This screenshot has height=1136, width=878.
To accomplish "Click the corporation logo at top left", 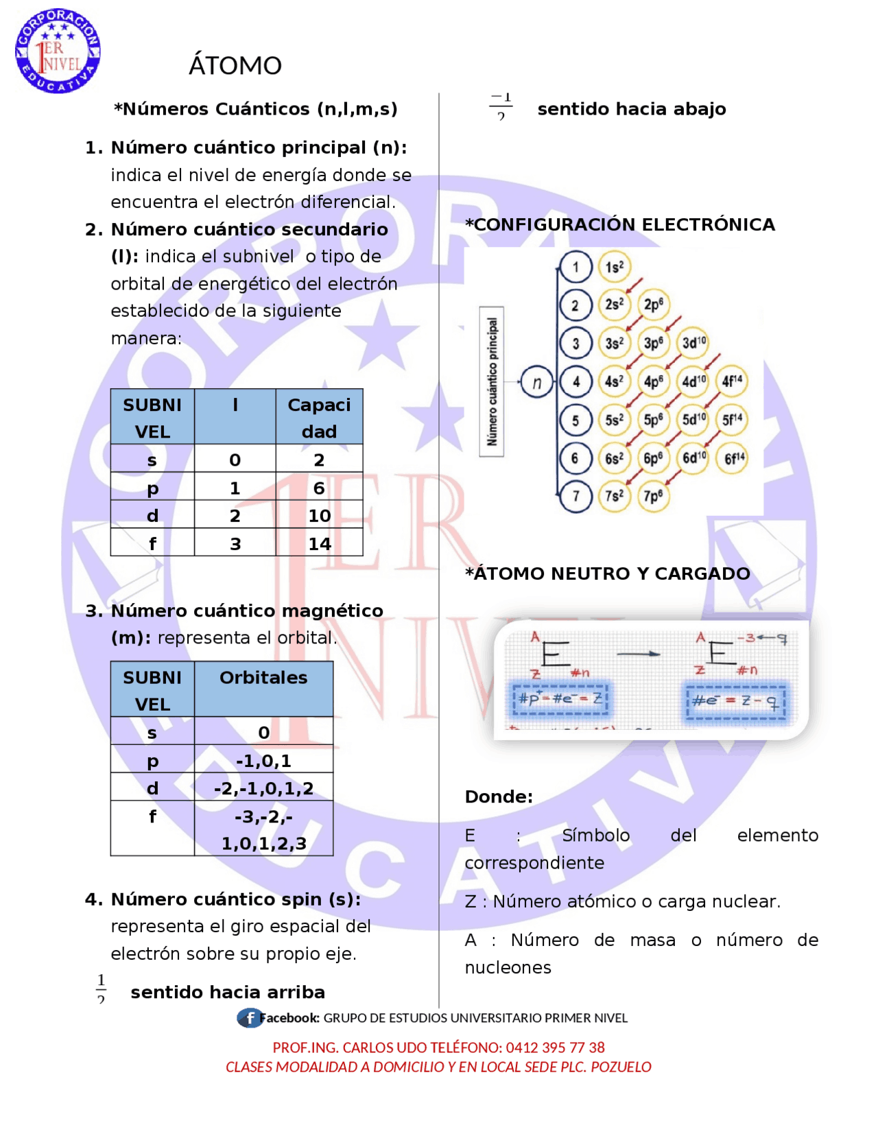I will click(58, 51).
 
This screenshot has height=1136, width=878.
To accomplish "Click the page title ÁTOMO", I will click(235, 66).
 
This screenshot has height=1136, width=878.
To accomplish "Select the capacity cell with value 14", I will click(319, 544).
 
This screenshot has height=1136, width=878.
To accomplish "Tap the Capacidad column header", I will click(319, 418).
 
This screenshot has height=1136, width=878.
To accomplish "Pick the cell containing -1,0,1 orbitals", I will click(263, 761).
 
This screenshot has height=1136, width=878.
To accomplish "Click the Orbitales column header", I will click(263, 678).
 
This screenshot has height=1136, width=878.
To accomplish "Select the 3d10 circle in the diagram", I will click(693, 342).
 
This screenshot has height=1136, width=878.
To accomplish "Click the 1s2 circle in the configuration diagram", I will click(615, 267).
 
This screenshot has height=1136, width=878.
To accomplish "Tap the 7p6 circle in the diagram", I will click(653, 495).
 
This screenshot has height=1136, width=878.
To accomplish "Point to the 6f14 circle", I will click(733, 458).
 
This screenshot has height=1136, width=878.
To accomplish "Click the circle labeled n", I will click(537, 383).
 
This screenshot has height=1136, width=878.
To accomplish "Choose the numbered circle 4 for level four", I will click(576, 381).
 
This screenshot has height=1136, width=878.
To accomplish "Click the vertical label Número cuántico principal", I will click(492, 381).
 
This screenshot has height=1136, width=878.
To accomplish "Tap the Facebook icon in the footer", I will click(248, 1018).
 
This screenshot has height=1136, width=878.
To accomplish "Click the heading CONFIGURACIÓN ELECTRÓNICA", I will click(620, 225).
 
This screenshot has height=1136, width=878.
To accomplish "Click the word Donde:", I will click(499, 797).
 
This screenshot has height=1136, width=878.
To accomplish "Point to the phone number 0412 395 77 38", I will click(555, 1048).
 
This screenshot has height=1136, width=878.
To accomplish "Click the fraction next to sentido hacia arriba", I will click(102, 988).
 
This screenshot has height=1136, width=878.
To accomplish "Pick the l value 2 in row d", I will click(235, 516).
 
